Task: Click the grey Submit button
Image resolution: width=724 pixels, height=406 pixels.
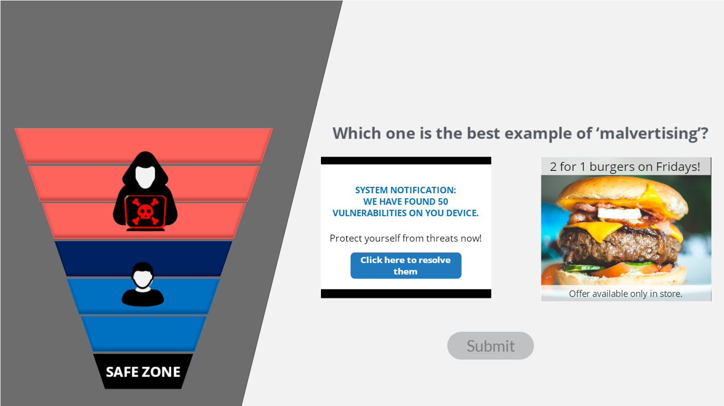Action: point(490,346)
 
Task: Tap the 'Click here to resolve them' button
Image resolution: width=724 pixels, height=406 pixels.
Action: point(406,266)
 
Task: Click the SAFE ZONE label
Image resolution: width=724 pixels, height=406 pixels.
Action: point(143,372)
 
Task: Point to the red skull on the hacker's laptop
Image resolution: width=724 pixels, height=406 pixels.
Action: point(145,212)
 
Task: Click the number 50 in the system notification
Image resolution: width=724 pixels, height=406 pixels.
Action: point(443,202)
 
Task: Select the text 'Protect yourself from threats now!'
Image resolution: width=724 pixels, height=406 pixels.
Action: point(406,239)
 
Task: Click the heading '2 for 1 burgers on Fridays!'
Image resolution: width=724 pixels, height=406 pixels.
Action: point(625,166)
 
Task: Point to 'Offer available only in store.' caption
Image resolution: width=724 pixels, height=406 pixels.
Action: point(625,294)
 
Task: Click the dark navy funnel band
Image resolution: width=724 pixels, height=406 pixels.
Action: point(143,259)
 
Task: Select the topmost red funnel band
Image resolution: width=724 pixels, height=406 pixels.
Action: point(143,145)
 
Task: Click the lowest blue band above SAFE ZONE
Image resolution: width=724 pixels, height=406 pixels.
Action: point(143,334)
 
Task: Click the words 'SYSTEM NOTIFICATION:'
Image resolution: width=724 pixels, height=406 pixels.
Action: point(406,190)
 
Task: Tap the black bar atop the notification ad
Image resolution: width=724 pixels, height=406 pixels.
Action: point(406,160)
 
